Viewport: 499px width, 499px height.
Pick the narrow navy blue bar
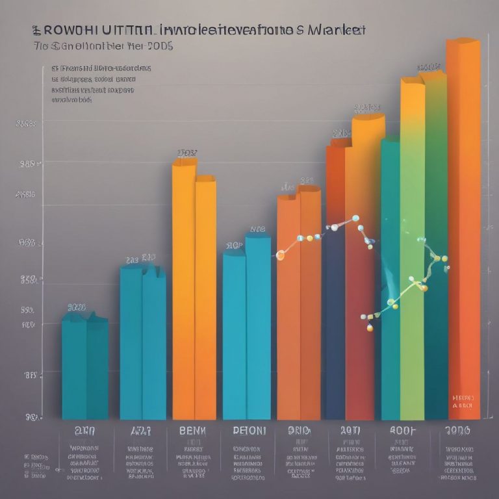click(335, 325)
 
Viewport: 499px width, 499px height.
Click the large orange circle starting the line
click(281, 255)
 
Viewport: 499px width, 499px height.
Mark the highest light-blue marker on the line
click(355, 218)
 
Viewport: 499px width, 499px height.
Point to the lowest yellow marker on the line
click(370, 327)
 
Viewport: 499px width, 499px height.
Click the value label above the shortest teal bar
click(77, 307)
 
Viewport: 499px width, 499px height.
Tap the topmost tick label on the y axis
click(25, 123)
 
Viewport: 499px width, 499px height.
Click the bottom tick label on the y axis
click(29, 416)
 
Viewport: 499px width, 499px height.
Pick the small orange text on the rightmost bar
click(463, 400)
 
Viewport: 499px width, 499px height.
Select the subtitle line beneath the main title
click(104, 47)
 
